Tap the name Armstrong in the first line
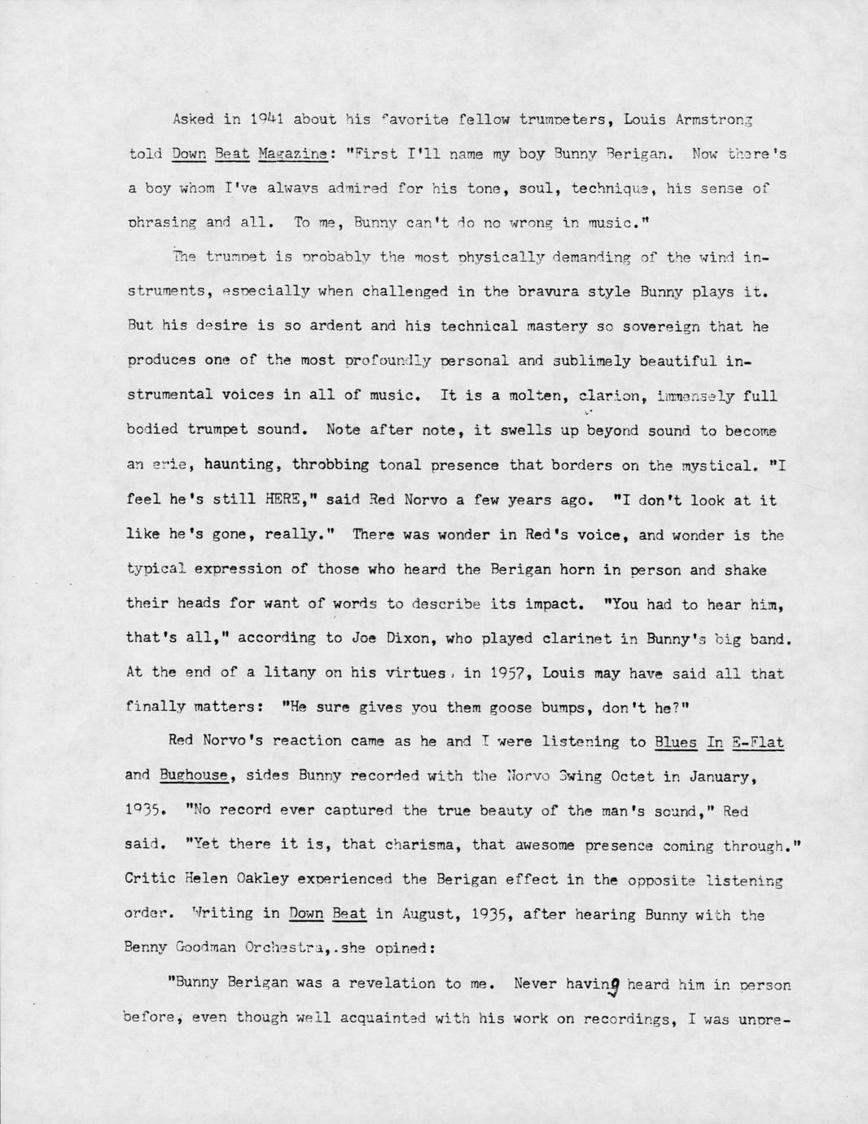click(708, 119)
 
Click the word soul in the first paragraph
click(537, 188)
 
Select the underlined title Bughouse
click(194, 775)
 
